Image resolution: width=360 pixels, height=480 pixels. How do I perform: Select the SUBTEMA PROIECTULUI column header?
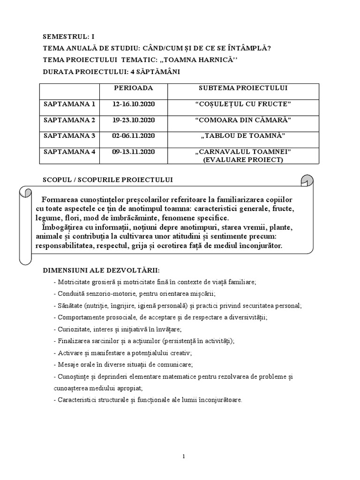click(243, 88)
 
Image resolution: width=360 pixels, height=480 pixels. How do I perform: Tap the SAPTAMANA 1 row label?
click(69, 104)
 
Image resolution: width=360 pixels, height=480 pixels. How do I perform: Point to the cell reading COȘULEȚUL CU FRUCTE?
click(243, 104)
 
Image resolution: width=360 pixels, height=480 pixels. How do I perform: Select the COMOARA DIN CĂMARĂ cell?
click(243, 120)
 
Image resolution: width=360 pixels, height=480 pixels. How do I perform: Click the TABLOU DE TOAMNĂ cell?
click(243, 136)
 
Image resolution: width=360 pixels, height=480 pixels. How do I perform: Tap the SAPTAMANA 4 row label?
click(69, 152)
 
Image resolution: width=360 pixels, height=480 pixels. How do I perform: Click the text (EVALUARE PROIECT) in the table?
click(243, 159)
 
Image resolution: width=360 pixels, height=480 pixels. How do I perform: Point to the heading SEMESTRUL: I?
click(71, 36)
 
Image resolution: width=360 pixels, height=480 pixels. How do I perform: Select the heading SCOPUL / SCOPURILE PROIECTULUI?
click(108, 180)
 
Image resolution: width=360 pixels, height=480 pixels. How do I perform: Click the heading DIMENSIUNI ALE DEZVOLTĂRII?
click(101, 270)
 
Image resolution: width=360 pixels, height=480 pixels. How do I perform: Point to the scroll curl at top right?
click(307, 180)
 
